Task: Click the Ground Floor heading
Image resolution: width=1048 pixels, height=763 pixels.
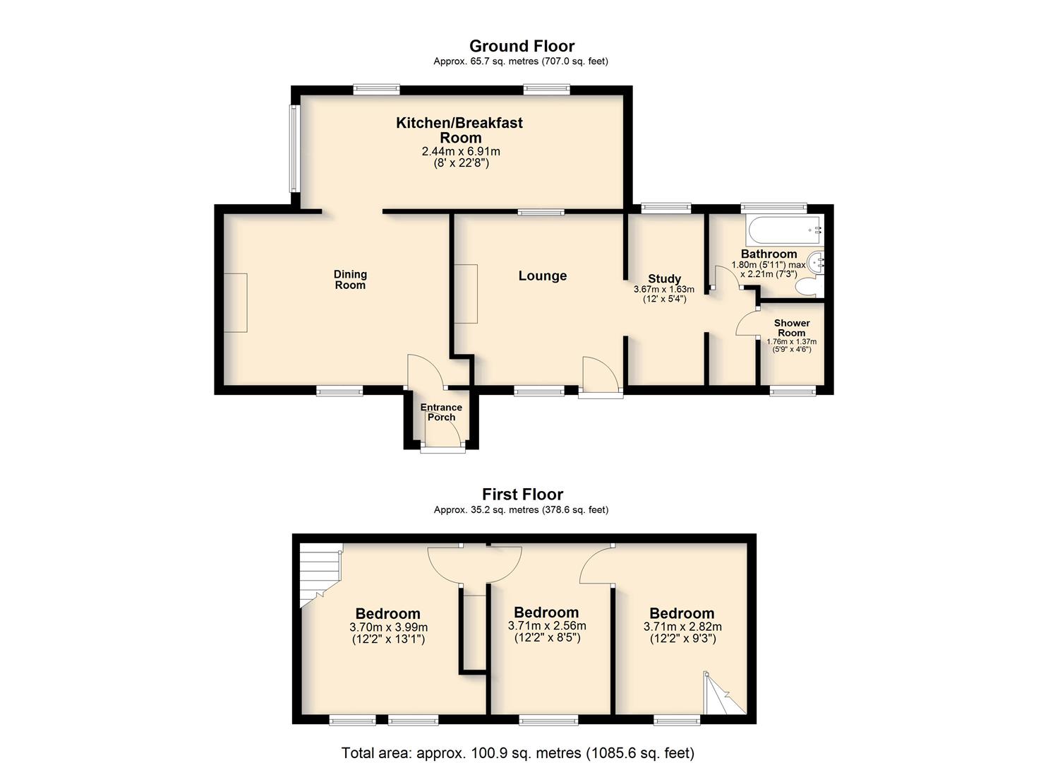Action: pos(522,46)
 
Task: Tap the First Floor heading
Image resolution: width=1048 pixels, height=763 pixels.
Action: pos(522,494)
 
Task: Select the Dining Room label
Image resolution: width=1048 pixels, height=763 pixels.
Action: pos(350,280)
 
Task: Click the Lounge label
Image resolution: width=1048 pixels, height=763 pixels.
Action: pos(542,276)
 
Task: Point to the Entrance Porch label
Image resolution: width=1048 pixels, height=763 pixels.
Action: pos(440,412)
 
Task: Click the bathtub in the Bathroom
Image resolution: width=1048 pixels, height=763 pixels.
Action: pos(785,231)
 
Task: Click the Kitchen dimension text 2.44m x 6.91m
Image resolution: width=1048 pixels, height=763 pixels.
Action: pos(461,152)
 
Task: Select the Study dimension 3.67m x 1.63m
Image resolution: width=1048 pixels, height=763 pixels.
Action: pos(664,290)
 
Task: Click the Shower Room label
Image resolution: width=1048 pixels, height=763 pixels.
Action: pos(792,328)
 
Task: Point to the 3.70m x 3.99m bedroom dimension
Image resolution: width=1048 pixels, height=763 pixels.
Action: pos(388,627)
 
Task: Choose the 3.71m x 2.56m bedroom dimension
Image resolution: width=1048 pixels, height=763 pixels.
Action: pos(547,626)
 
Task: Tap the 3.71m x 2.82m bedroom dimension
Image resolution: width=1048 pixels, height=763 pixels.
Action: pos(682,627)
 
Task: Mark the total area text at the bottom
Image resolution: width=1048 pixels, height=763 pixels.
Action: pos(517,752)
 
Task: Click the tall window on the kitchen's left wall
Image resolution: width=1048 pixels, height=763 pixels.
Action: pos(294,148)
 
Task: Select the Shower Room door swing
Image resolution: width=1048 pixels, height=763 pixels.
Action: pos(747,322)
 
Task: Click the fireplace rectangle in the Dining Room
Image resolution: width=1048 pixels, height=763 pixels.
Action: pos(235,303)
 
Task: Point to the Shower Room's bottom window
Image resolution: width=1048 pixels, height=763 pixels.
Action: pos(793,391)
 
